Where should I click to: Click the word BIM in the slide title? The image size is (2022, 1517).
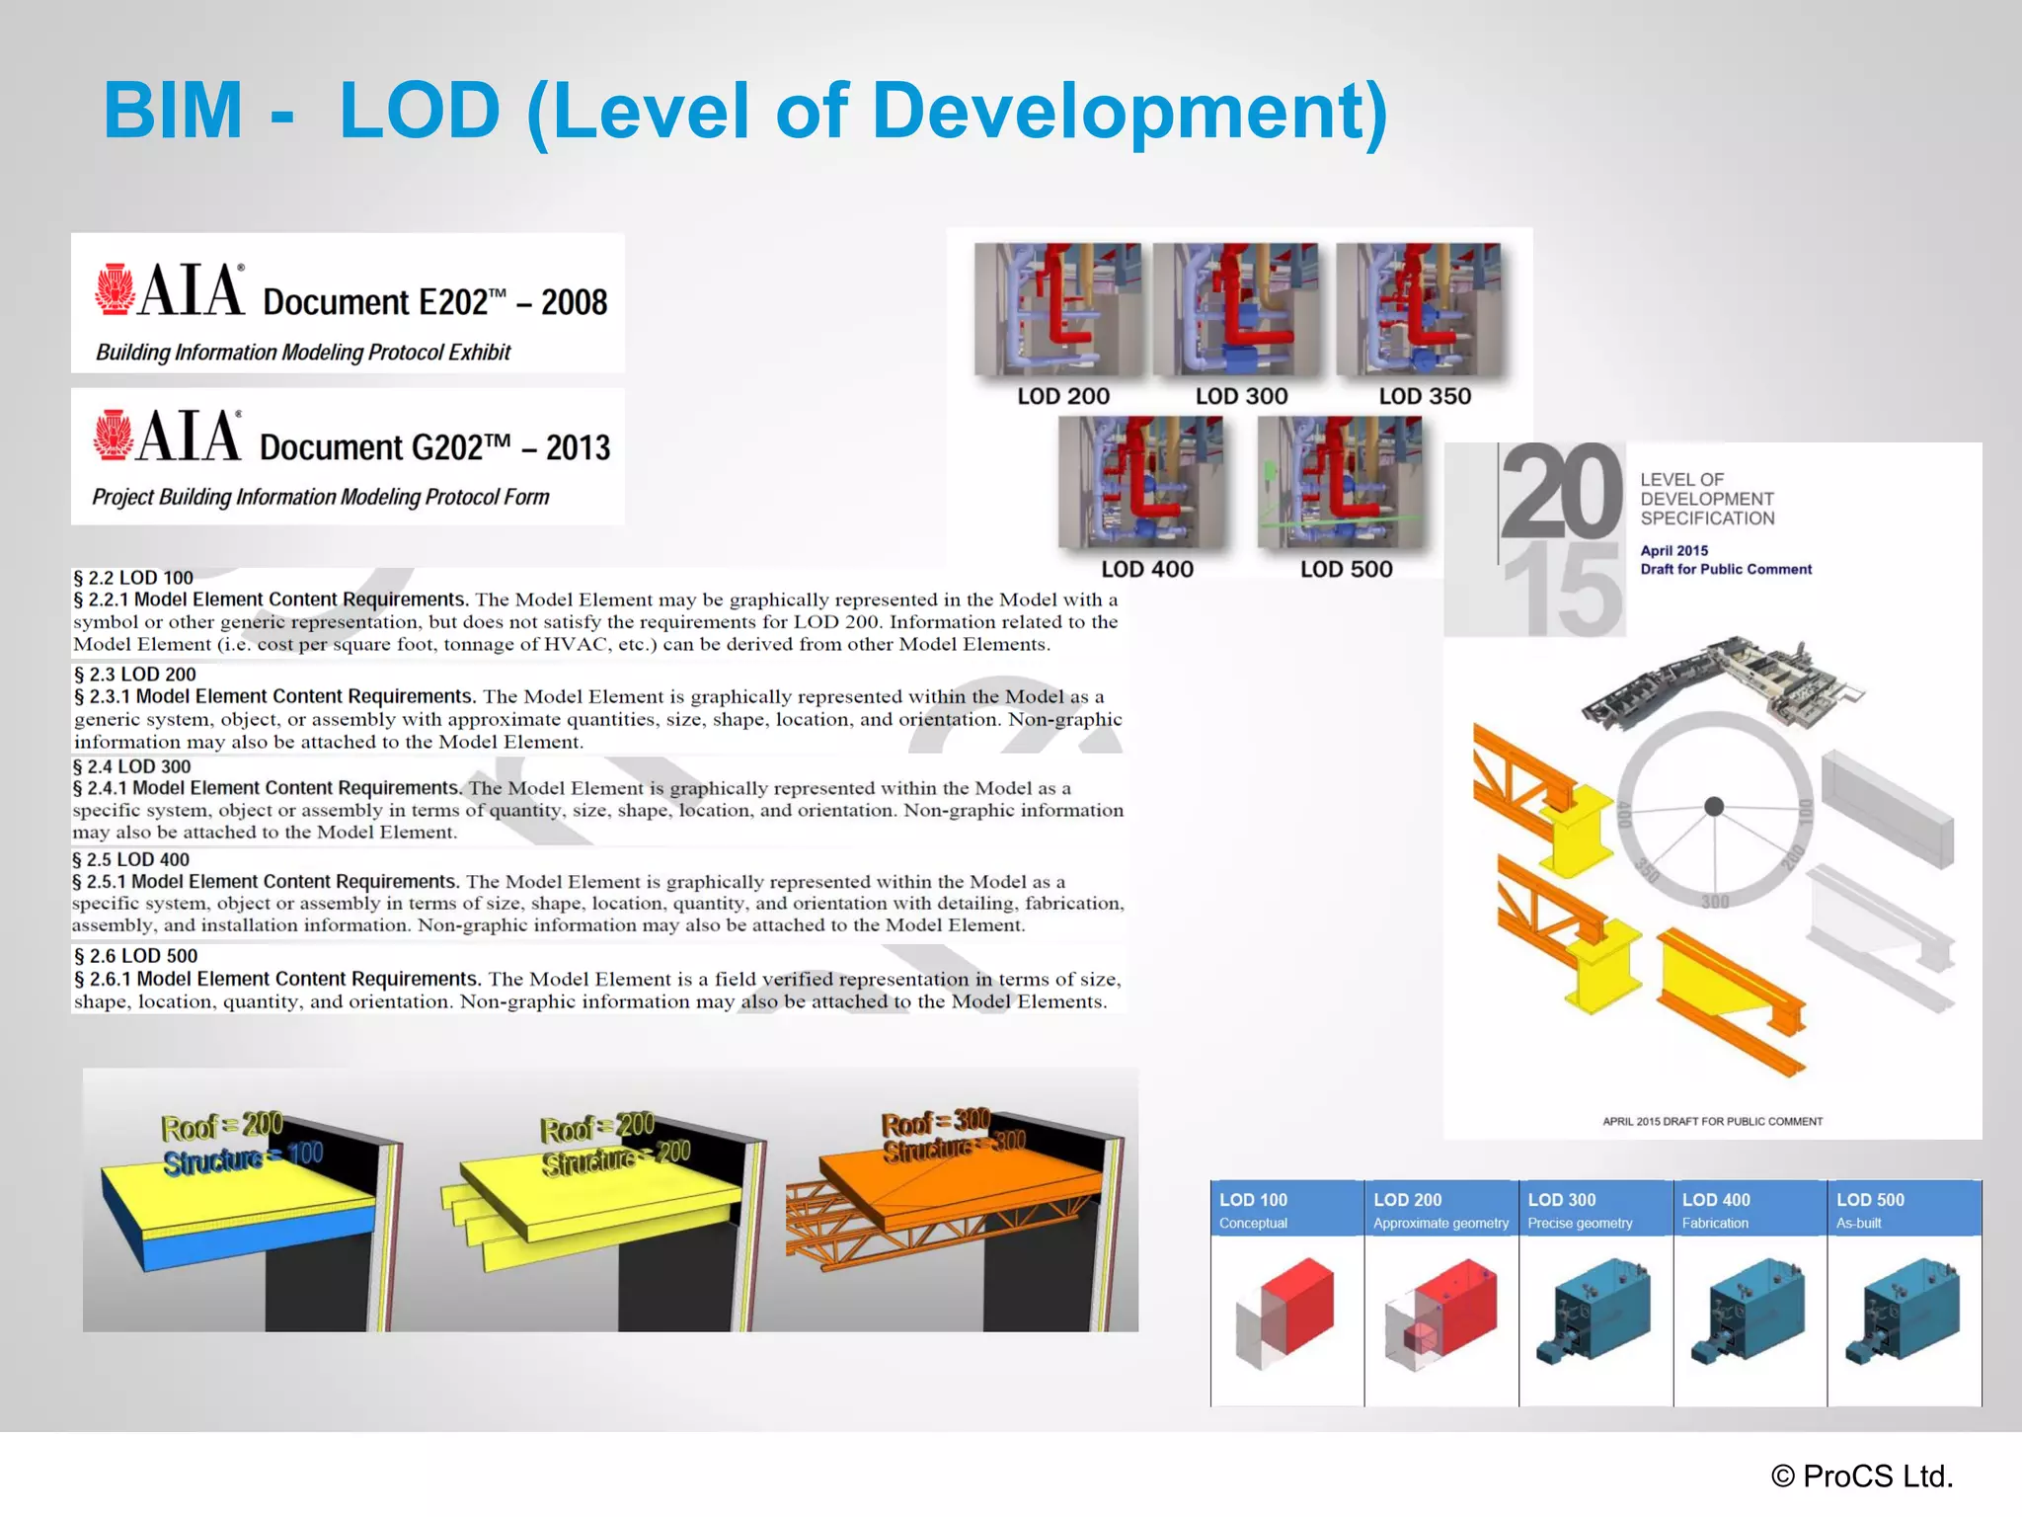point(173,111)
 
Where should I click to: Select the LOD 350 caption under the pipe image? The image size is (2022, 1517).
point(1424,396)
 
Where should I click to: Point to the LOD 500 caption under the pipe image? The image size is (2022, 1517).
point(1346,569)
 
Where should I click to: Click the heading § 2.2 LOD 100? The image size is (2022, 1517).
point(133,578)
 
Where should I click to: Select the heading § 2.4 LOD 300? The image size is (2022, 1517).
point(132,766)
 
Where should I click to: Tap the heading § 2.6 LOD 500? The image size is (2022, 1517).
point(136,956)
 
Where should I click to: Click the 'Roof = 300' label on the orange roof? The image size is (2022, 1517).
point(935,1122)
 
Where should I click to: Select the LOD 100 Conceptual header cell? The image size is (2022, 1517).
point(1286,1209)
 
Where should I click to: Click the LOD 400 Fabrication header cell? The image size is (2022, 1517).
point(1749,1209)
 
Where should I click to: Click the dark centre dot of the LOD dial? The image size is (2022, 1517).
point(1715,807)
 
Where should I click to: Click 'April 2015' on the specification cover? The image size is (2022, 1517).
point(1673,550)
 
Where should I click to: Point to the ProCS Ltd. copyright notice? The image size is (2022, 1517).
point(1862,1476)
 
